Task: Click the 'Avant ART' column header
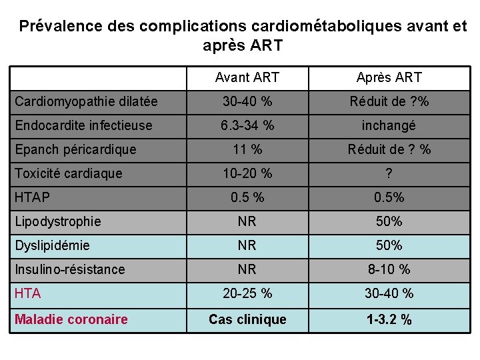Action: click(x=247, y=78)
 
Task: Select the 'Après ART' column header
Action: click(x=389, y=78)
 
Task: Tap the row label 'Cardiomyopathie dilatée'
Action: click(x=86, y=102)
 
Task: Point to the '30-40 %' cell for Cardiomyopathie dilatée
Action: click(x=247, y=102)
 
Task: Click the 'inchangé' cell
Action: click(x=389, y=125)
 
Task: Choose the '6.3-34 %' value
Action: click(x=247, y=125)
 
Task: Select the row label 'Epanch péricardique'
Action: click(x=75, y=149)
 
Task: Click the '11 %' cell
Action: click(x=247, y=149)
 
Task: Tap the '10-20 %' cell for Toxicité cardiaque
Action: click(x=247, y=173)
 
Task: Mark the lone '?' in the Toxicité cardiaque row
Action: click(x=389, y=173)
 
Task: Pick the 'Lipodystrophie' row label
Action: click(x=58, y=221)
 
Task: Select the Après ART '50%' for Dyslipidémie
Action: click(x=389, y=245)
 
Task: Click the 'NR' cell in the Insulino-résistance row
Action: click(x=247, y=269)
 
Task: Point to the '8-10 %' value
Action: click(x=389, y=269)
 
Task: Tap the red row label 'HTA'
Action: click(x=27, y=293)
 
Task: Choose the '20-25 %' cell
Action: click(x=247, y=293)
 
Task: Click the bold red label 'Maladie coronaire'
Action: click(x=71, y=319)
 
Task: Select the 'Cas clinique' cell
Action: click(x=247, y=319)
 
